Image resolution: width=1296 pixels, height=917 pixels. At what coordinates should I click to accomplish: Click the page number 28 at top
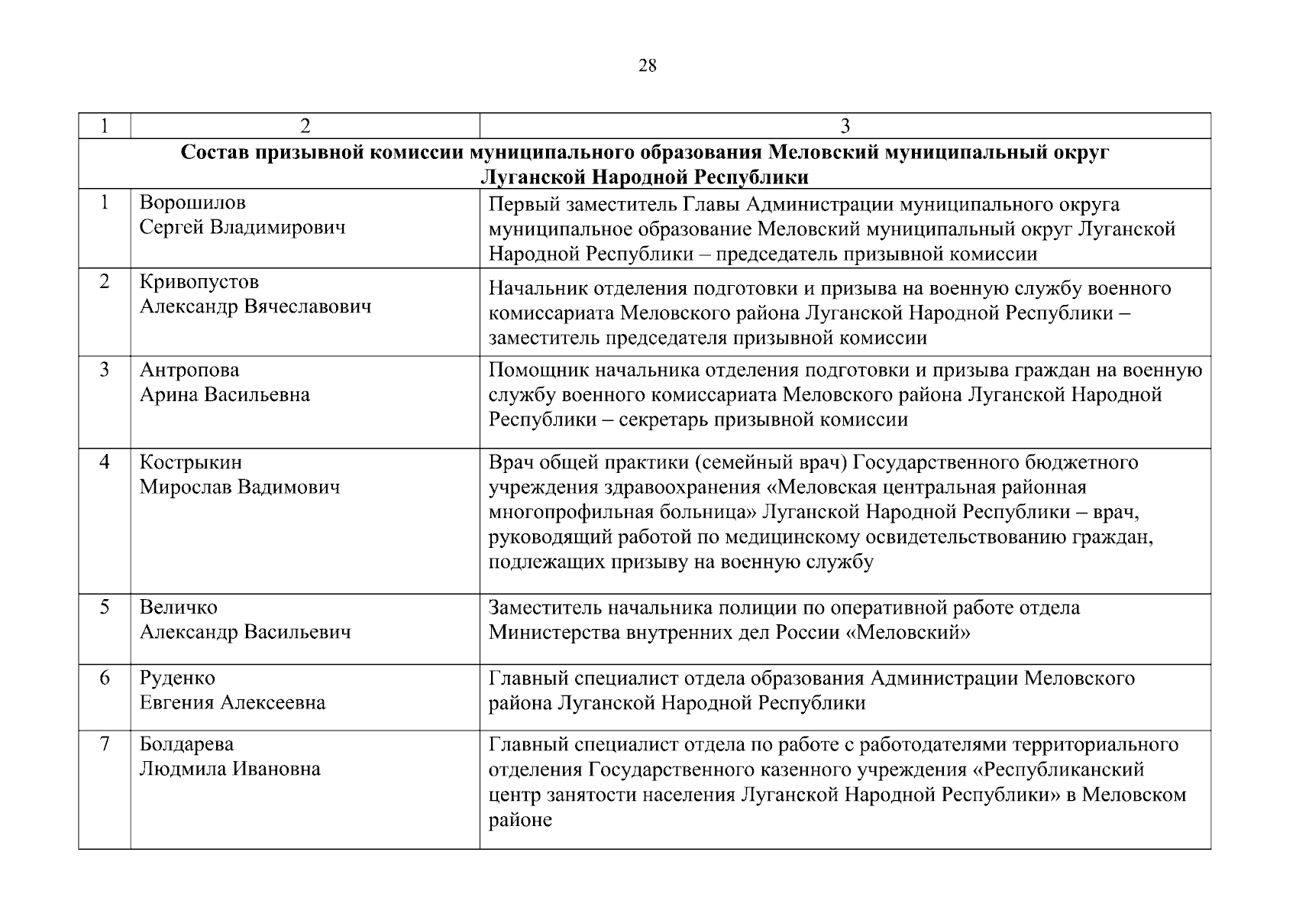pos(647,66)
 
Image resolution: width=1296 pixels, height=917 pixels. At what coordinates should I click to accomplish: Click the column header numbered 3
pos(845,126)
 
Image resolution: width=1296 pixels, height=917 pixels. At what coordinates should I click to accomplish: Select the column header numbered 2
pos(305,126)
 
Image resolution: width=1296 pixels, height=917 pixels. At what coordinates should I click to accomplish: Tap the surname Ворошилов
pos(192,203)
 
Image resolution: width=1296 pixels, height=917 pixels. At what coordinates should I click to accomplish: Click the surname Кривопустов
pos(199,282)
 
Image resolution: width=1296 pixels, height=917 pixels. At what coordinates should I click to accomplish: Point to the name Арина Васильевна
pos(225,395)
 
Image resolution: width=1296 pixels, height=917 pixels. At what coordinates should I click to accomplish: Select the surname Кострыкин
pos(190,462)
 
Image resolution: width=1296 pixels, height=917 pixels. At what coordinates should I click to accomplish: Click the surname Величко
pos(178,608)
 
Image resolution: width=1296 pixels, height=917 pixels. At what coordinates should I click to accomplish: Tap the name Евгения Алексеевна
pos(232,703)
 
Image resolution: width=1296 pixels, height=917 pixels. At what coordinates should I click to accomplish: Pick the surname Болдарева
pos(186,744)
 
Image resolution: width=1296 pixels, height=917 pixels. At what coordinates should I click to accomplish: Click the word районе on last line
pos(520,820)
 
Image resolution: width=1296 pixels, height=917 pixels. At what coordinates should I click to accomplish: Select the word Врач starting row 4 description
pos(512,462)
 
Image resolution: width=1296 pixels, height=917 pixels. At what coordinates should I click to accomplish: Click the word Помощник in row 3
pos(535,371)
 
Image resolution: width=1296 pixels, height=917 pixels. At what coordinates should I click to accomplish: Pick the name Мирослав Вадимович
pos(239,488)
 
